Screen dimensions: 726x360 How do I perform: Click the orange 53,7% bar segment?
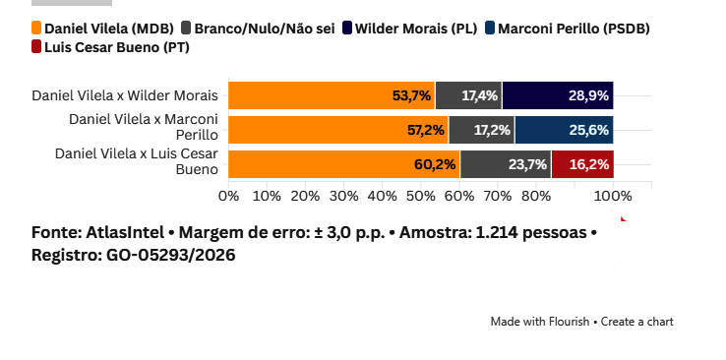(332, 95)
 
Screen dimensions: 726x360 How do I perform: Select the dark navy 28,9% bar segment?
(558, 95)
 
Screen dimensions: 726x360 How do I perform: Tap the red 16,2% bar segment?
(582, 164)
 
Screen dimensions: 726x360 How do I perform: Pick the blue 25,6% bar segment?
(564, 130)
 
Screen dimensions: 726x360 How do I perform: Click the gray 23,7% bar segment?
(505, 164)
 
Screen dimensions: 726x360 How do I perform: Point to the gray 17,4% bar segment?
(468, 95)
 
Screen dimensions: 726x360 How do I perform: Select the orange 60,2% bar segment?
(344, 164)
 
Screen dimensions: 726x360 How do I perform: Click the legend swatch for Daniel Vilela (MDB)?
(36, 29)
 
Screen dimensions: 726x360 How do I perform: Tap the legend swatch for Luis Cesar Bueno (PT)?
(36, 47)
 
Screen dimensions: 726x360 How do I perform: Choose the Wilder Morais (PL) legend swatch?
(347, 29)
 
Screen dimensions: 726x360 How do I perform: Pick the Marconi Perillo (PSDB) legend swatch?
(490, 29)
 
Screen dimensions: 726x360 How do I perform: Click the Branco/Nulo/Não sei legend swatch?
(186, 29)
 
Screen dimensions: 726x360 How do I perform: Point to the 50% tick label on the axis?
(420, 196)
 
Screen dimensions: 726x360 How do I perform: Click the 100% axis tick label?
(613, 196)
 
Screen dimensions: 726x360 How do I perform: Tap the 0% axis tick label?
(229, 196)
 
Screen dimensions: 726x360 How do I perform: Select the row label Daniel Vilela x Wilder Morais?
(125, 95)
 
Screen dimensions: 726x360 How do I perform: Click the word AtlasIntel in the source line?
(125, 232)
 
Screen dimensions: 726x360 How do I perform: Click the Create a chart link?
(637, 322)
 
